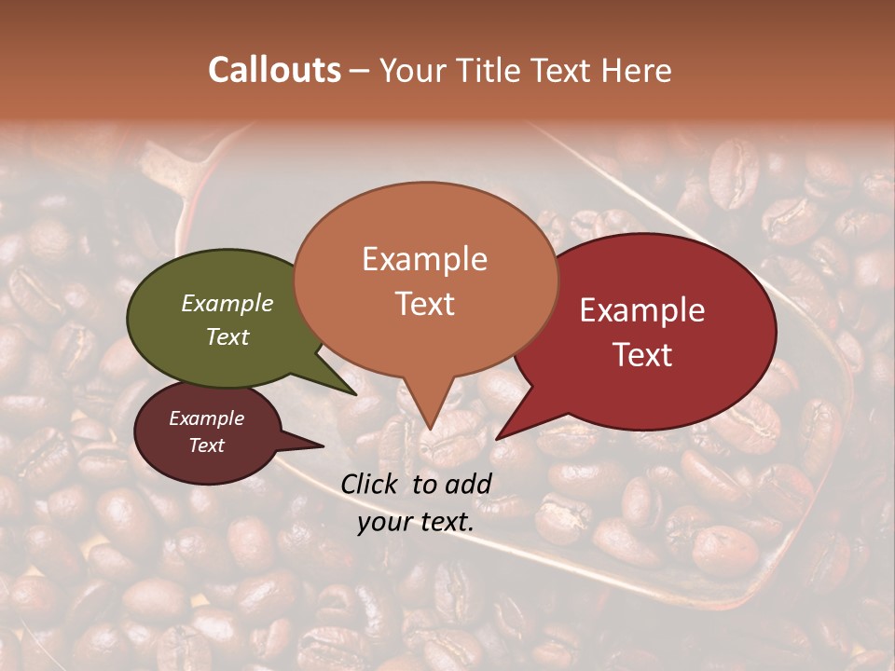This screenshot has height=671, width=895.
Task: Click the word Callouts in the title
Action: click(x=274, y=70)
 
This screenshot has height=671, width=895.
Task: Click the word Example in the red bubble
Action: click(x=642, y=310)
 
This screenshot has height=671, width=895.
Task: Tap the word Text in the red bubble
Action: click(x=642, y=354)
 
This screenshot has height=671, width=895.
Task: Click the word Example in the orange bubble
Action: click(x=424, y=259)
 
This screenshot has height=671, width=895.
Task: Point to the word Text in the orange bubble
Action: click(x=424, y=304)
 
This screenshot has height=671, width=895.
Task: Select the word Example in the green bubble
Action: click(x=227, y=304)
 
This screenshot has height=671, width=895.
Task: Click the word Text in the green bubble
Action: click(x=227, y=336)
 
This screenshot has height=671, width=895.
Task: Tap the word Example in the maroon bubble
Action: click(x=206, y=418)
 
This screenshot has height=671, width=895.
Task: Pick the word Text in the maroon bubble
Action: click(x=206, y=445)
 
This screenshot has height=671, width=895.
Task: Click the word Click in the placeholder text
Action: click(x=372, y=484)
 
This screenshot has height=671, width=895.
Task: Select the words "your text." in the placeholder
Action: click(x=416, y=522)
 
